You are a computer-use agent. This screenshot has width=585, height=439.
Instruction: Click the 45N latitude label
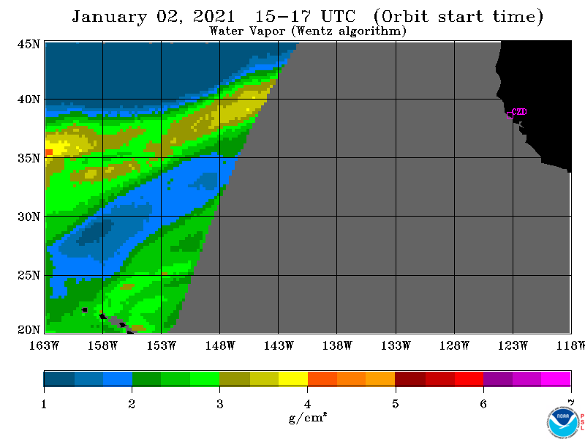tap(29, 45)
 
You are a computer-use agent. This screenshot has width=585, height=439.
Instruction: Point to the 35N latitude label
tap(29, 158)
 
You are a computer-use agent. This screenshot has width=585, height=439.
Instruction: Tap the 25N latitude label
tap(29, 276)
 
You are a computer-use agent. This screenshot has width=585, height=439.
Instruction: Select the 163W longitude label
tap(44, 345)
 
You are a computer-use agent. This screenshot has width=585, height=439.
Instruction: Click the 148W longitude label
tap(220, 345)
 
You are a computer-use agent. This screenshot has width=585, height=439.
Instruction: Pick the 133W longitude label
tap(396, 345)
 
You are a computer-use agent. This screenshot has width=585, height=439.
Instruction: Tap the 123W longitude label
tap(513, 345)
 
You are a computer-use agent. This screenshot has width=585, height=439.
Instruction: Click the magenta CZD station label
tap(520, 112)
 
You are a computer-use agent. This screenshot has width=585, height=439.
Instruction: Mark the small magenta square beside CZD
tap(510, 115)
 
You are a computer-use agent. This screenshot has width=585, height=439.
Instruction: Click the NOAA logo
tap(563, 422)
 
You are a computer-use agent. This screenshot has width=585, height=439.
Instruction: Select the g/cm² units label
tap(308, 417)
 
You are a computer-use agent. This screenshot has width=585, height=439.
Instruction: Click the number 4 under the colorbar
tap(307, 404)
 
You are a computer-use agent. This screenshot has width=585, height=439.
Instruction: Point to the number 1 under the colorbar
tap(44, 404)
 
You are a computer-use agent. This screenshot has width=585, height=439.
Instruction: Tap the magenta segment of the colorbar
tap(556, 378)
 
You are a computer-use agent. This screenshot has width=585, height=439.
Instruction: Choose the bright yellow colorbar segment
tap(293, 378)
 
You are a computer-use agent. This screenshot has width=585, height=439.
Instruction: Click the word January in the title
tap(109, 17)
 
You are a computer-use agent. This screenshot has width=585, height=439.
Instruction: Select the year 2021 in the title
tap(214, 16)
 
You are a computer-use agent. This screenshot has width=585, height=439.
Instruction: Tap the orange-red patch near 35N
tap(49, 152)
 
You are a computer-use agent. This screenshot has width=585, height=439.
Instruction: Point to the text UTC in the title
tap(338, 16)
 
